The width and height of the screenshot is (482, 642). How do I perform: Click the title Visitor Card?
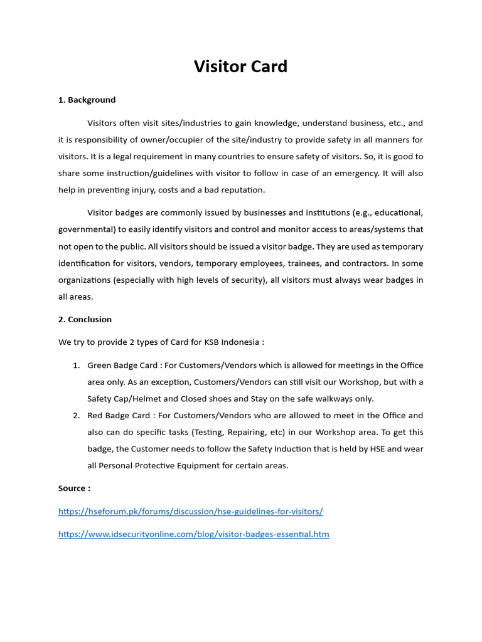coord(240,66)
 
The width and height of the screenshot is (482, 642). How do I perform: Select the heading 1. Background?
coord(87,100)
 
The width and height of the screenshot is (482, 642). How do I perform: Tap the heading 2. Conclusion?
coord(85,319)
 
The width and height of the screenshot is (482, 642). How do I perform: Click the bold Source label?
coord(74,488)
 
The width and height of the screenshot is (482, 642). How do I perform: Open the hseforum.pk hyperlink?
coord(190,511)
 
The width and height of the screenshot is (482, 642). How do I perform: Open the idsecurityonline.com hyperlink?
coord(193,534)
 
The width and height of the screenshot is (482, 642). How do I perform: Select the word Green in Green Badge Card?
coord(100,365)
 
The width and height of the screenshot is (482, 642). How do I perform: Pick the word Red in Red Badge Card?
coord(95,415)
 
